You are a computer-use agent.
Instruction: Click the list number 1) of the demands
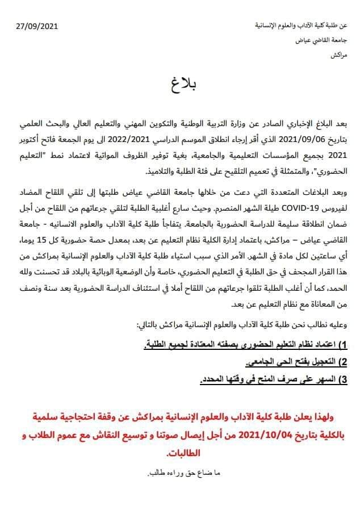point(350,345)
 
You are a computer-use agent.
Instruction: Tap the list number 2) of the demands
point(350,362)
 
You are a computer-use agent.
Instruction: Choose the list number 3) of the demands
point(350,379)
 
